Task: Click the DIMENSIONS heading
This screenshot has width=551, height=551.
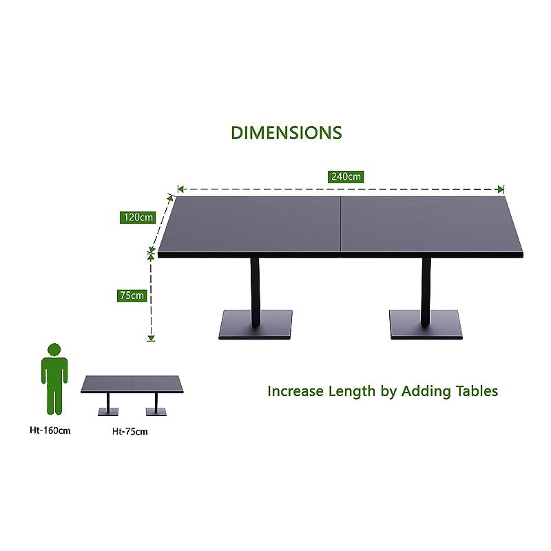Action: (x=286, y=132)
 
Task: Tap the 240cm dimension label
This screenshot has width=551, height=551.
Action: (x=346, y=176)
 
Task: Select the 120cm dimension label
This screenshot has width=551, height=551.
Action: (x=138, y=217)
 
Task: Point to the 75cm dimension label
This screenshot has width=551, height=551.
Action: (x=132, y=295)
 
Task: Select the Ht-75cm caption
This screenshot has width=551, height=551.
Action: (x=129, y=432)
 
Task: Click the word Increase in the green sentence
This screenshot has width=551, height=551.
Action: (x=295, y=391)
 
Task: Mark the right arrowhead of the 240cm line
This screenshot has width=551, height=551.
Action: (x=501, y=189)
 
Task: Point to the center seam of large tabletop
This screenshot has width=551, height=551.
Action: (x=342, y=224)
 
